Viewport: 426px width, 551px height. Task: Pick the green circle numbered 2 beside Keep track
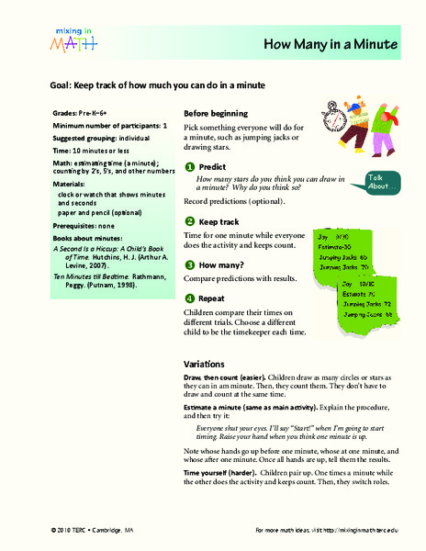click(189, 221)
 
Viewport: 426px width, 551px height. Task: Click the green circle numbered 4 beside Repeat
click(189, 298)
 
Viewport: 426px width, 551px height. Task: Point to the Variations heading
click(207, 363)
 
